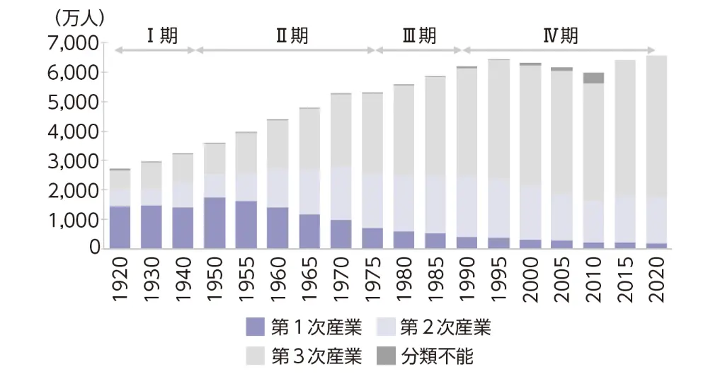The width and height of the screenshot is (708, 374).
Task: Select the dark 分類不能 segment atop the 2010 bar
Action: (593, 78)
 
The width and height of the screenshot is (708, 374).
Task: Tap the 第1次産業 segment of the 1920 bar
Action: (120, 227)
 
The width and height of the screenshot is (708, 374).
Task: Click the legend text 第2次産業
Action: (445, 327)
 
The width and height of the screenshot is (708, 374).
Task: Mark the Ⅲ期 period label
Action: (419, 36)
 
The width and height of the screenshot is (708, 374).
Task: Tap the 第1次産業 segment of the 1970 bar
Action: (341, 234)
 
